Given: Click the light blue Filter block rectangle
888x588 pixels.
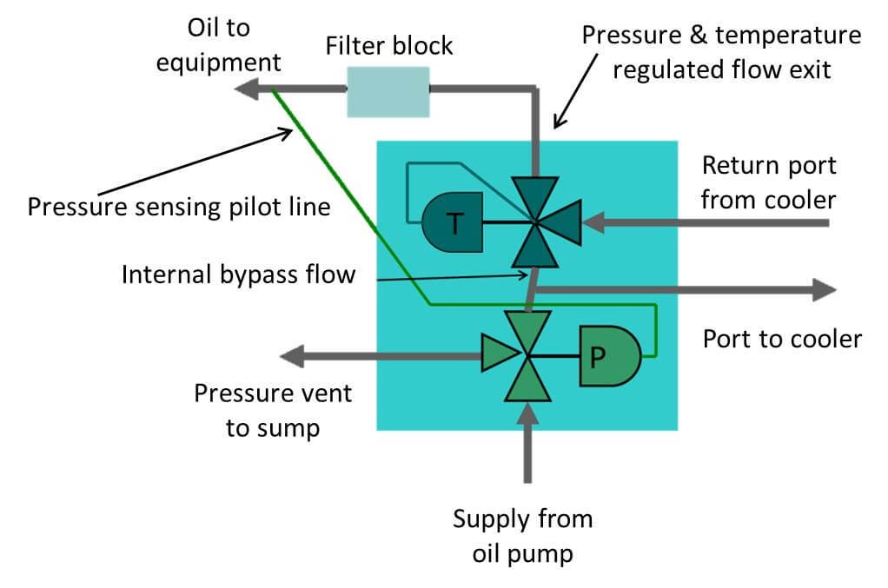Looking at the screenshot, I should click(x=388, y=91).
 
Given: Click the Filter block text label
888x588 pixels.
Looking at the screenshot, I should click(x=389, y=45).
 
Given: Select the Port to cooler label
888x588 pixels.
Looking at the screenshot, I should click(x=781, y=338).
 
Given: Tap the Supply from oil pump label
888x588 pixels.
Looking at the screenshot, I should click(x=522, y=536).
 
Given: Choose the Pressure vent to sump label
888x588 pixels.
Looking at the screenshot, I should click(x=273, y=410).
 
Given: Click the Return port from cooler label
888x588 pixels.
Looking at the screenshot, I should click(x=768, y=182).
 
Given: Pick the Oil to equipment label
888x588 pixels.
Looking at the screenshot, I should click(x=218, y=45).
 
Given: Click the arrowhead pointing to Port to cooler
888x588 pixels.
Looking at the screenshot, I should click(x=824, y=290).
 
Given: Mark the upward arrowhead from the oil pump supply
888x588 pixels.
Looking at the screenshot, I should click(x=527, y=415).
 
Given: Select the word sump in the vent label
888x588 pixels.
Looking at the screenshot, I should click(x=287, y=427).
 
